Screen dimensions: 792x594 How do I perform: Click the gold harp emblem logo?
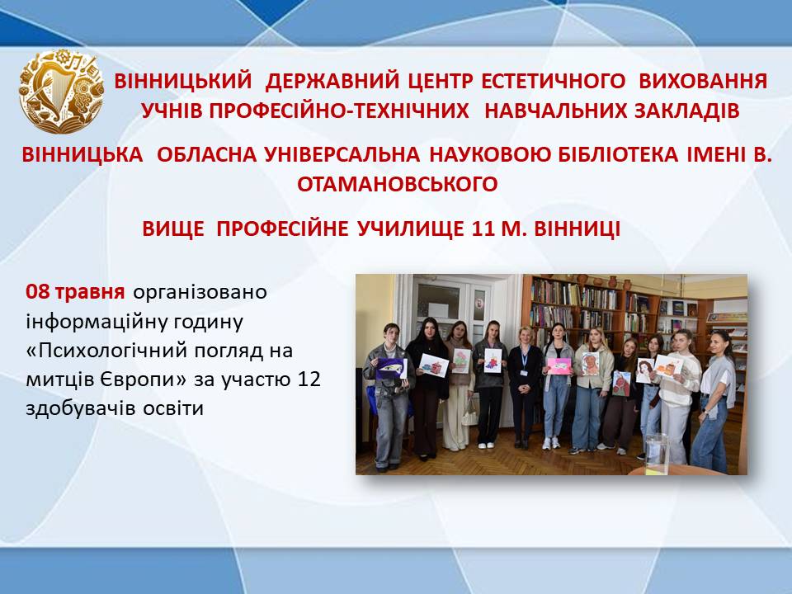[x=61, y=92]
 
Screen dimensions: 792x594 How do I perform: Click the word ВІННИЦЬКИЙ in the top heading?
[x=182, y=81]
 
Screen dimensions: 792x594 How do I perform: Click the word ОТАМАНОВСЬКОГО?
[x=397, y=184]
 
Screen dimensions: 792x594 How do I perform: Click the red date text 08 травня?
[x=75, y=292]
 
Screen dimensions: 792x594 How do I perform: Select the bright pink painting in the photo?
[x=559, y=365]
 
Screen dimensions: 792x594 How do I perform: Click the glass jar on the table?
[x=656, y=453]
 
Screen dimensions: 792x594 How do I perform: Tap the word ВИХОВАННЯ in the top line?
[x=703, y=81]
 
